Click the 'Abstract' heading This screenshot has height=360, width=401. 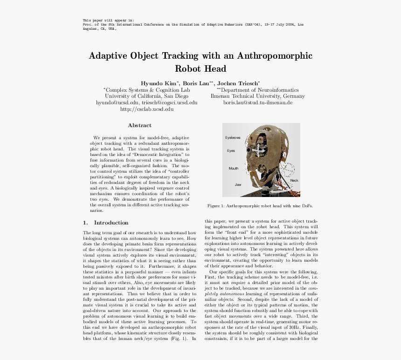point(139,125)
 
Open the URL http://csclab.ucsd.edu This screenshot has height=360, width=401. point(146,109)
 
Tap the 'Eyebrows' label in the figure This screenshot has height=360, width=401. point(233,138)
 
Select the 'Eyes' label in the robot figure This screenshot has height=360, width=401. point(231,151)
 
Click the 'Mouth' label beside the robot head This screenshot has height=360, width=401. point(233,168)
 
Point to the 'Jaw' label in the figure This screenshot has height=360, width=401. point(238,185)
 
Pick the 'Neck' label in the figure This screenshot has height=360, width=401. point(294,180)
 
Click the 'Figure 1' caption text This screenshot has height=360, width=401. point(261,205)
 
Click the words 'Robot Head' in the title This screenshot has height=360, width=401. point(200,69)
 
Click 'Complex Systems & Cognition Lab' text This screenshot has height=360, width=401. point(146,90)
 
